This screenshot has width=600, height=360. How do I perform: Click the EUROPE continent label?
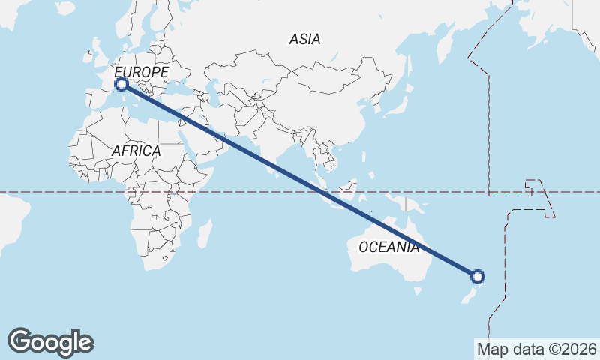click(x=141, y=72)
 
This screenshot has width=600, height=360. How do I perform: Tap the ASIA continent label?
click(x=304, y=39)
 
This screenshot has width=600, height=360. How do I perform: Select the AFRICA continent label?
click(x=136, y=151)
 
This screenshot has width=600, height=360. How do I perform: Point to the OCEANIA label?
click(x=388, y=247)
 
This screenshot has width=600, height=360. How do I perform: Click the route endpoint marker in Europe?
click(x=121, y=84)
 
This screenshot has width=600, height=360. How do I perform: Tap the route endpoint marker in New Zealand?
click(x=477, y=277)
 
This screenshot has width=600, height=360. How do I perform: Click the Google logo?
click(x=50, y=341)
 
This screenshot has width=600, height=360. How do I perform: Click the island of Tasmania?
click(x=415, y=298)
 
